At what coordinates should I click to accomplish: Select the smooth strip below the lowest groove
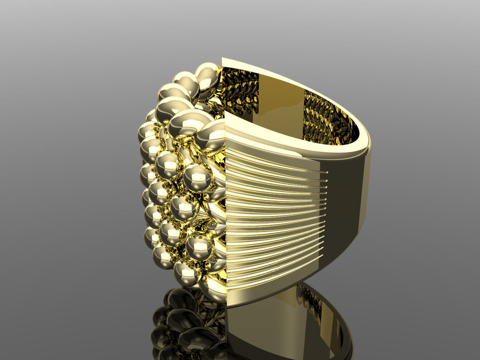(x=255, y=296)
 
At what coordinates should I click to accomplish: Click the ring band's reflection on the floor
(x=262, y=330)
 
